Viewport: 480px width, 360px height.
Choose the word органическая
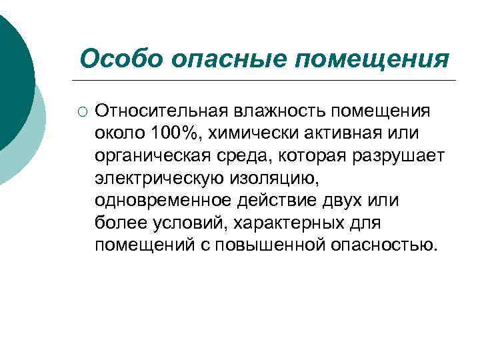(x=152, y=155)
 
